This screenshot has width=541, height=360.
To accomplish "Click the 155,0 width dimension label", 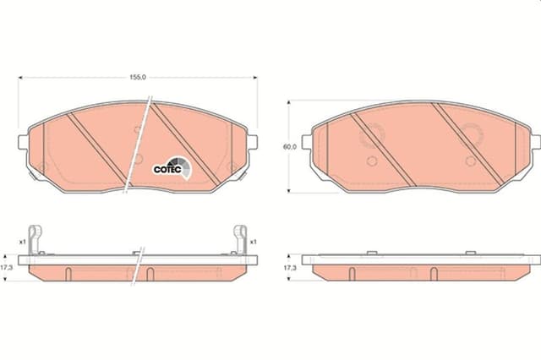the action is (x=138, y=78).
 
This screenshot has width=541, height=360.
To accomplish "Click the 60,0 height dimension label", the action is (x=290, y=146).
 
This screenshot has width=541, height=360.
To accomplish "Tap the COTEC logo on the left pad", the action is (x=172, y=167).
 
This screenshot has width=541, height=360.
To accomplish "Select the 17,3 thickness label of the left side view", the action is (x=7, y=268).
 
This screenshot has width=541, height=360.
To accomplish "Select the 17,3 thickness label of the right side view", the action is (x=290, y=268).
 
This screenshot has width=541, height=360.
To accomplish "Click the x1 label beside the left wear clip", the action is (x=23, y=242).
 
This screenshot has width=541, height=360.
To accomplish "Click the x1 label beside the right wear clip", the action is (x=253, y=242).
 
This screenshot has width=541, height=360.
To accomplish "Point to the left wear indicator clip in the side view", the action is (x=35, y=240).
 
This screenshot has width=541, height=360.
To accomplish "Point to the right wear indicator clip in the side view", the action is (x=240, y=240).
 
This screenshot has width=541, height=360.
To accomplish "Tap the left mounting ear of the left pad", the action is (x=23, y=142).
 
